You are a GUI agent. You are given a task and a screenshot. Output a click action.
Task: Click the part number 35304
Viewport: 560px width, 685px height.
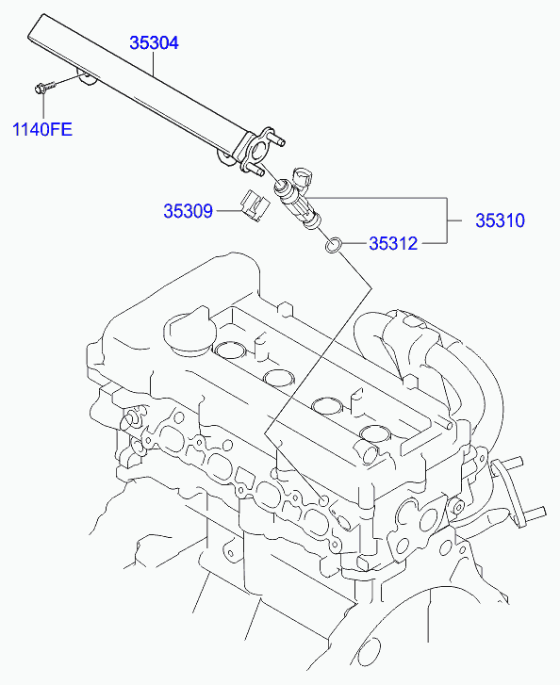(x=154, y=43)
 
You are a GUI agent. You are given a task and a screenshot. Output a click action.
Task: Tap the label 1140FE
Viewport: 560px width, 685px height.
(x=41, y=129)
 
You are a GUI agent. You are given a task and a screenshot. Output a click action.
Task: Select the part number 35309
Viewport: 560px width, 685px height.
(x=189, y=212)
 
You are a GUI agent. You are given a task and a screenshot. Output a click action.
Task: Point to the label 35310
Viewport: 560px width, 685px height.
(x=499, y=221)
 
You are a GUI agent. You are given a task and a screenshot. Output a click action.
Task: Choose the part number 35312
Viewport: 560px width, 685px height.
(x=392, y=243)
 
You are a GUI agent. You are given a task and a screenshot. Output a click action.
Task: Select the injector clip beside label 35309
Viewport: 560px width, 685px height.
(x=253, y=204)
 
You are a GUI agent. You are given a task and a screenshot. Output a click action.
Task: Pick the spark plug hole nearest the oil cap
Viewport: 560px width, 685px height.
(x=231, y=351)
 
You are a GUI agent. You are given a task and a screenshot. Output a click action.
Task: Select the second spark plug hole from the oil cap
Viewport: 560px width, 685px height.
(x=279, y=379)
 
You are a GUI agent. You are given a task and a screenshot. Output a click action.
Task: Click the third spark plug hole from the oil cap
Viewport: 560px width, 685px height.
(x=328, y=407)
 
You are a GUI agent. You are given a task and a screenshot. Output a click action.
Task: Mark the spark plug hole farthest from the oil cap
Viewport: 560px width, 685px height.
(x=374, y=434)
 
